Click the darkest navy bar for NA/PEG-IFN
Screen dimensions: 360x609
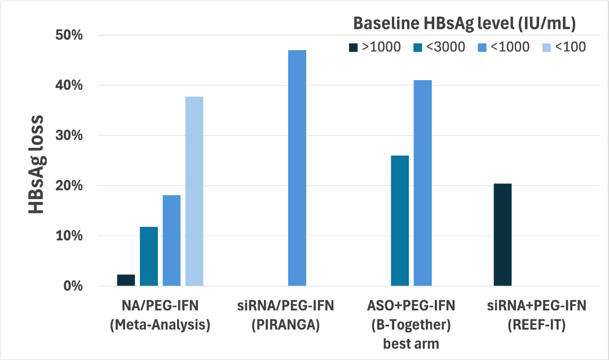click(x=126, y=280)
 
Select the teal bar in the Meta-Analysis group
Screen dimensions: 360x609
click(x=149, y=256)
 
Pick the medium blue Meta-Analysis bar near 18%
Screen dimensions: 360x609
click(x=171, y=240)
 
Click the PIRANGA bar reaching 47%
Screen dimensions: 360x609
click(x=297, y=168)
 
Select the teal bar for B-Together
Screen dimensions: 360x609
click(x=400, y=221)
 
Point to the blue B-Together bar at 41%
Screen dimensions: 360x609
click(x=422, y=183)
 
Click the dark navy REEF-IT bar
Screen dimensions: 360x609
click(x=502, y=235)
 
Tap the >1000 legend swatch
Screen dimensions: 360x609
click(x=354, y=48)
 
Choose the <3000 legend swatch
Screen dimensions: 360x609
click(x=418, y=48)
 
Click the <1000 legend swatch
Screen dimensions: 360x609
click(x=482, y=48)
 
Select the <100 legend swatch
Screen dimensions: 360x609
click(x=547, y=48)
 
